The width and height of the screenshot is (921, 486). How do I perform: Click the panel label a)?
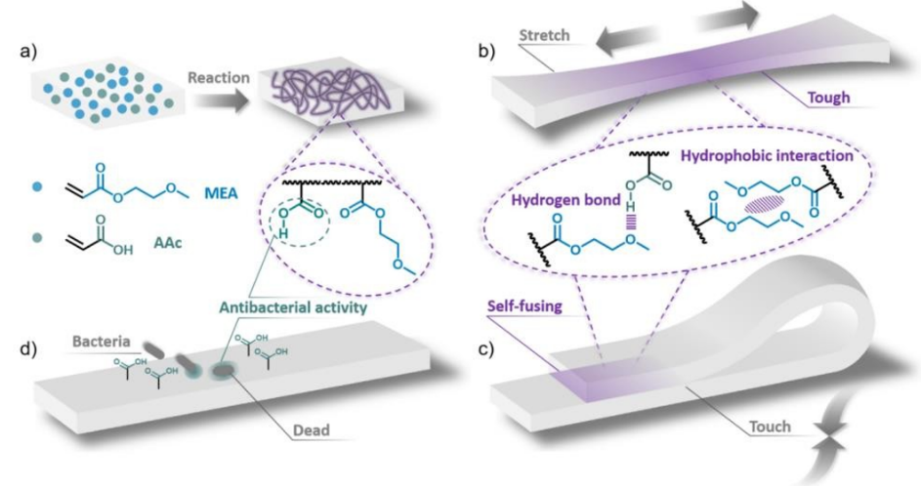[x=28, y=51]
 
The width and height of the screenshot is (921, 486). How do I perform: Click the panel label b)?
[x=487, y=51]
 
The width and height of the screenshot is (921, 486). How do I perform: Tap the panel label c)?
[x=486, y=348]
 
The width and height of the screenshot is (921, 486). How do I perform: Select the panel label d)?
[x=28, y=348]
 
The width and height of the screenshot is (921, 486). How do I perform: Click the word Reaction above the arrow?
[x=219, y=77]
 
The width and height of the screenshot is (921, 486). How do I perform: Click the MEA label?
[x=222, y=192]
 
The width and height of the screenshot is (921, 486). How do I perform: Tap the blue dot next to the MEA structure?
[x=37, y=187]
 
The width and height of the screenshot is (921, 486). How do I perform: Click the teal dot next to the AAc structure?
[x=37, y=238]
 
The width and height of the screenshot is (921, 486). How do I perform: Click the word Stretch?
[x=545, y=35]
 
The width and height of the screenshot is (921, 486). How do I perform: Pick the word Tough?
[x=829, y=97]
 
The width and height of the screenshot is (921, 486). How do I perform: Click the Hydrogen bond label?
[x=566, y=200]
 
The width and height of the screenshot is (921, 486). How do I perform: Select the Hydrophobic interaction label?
[x=767, y=156]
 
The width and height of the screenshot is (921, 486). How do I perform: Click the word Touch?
[x=770, y=426]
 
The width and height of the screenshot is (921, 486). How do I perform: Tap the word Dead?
[x=312, y=430]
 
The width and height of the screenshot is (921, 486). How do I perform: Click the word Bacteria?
[x=101, y=341]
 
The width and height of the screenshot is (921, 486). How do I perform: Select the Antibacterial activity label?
[x=293, y=307]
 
